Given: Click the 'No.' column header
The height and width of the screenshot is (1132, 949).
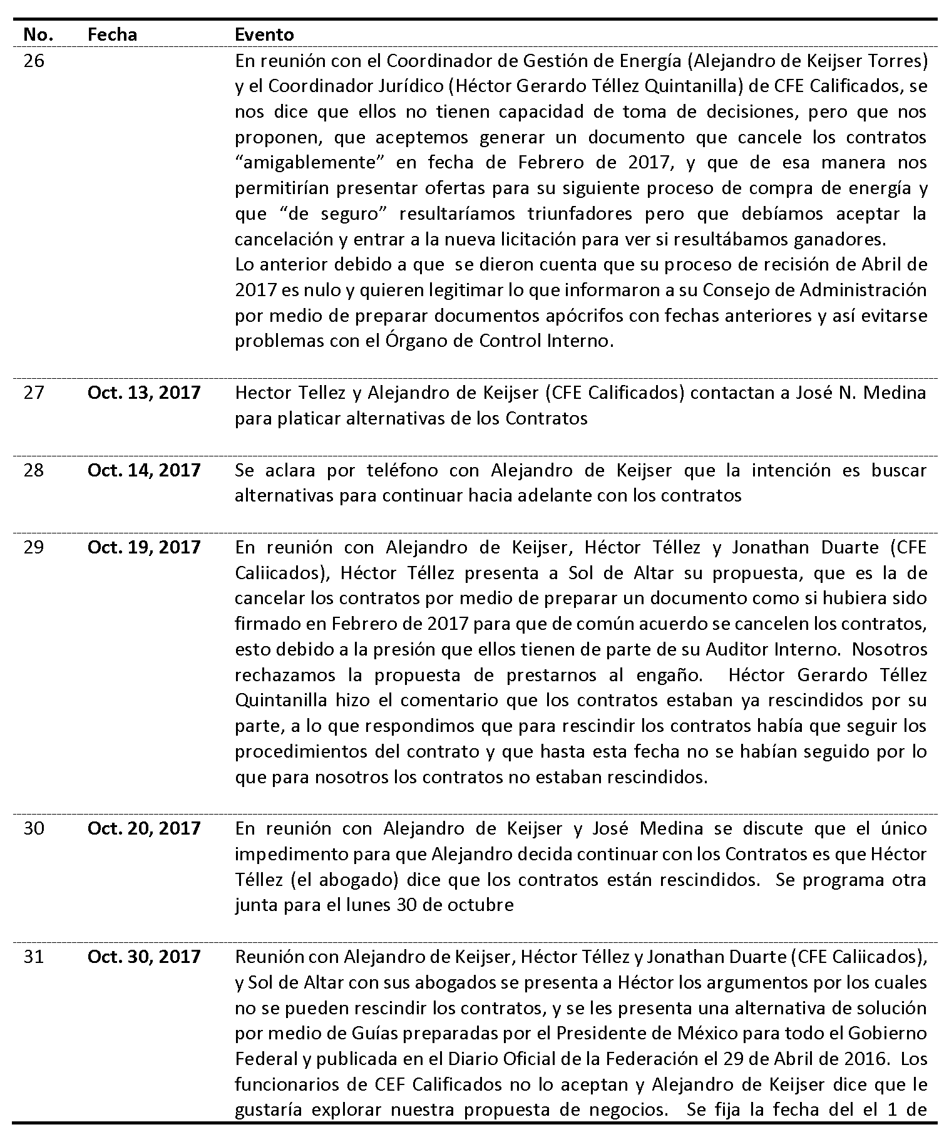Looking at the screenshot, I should [x=38, y=34].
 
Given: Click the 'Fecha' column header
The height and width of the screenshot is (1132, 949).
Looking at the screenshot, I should [x=112, y=34].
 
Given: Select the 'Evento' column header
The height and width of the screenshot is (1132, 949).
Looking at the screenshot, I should [x=264, y=34].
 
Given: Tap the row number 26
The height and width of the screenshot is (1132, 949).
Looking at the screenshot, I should [x=34, y=61].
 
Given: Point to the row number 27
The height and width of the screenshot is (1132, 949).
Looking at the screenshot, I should [x=34, y=393].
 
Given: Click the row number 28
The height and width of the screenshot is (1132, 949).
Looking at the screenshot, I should [x=34, y=470].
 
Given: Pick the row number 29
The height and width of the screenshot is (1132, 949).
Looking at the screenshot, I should [x=34, y=547].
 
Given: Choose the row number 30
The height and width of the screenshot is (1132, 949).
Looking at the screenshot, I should [x=34, y=828].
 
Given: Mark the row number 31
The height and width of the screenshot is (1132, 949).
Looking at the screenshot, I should [x=34, y=956].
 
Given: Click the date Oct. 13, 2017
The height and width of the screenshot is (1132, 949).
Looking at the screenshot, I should [x=144, y=393].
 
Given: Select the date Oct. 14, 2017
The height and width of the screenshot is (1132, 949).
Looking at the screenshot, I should [x=144, y=470].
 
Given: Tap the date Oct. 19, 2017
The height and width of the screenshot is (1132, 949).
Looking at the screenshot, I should [x=144, y=547].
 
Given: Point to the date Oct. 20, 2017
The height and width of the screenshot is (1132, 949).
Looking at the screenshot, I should [x=144, y=828].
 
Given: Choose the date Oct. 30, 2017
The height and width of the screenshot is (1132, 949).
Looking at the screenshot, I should [x=144, y=956].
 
